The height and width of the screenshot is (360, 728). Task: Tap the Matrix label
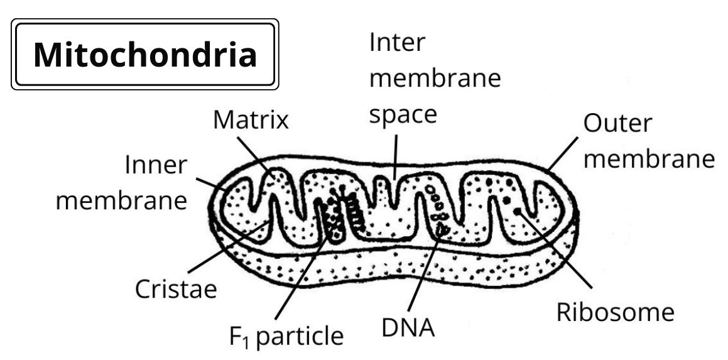(251, 120)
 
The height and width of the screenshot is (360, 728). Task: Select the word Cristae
(175, 290)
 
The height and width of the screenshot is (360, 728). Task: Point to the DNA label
(408, 327)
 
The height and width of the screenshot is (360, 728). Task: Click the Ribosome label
(616, 312)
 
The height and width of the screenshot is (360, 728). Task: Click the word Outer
(618, 124)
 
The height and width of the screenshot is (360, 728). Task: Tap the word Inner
(156, 166)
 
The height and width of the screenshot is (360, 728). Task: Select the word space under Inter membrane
(402, 116)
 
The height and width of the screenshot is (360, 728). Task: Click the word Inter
(397, 43)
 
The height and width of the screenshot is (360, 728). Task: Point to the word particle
(301, 337)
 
